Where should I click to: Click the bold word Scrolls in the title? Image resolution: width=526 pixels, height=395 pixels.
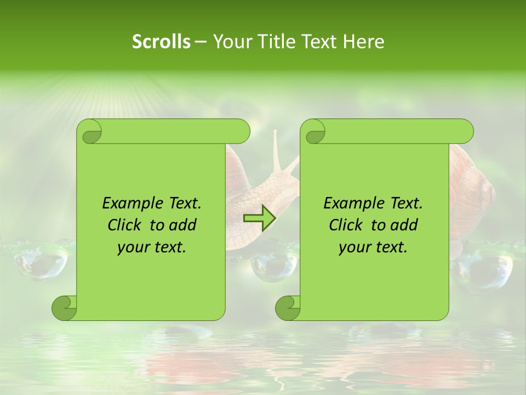pyautogui.click(x=161, y=41)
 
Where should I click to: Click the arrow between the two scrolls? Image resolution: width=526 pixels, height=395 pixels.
pyautogui.click(x=259, y=218)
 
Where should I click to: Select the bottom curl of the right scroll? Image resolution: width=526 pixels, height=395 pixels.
pyautogui.click(x=288, y=308)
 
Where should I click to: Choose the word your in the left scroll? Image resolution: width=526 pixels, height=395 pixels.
pyautogui.click(x=134, y=247)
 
